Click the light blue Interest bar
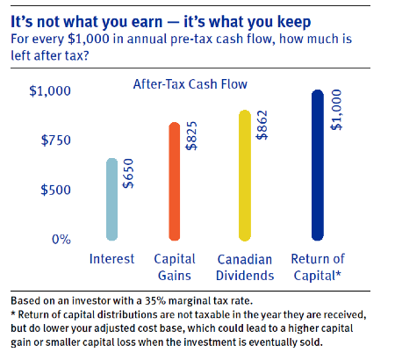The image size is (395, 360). tap(111, 199)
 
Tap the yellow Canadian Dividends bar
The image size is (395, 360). tap(244, 176)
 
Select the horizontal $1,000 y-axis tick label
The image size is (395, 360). tap(50, 91)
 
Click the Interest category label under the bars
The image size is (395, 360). tap(112, 260)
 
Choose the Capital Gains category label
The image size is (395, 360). tap(175, 267)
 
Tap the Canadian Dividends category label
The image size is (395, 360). tap(245, 267)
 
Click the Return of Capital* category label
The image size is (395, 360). tap(318, 267)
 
